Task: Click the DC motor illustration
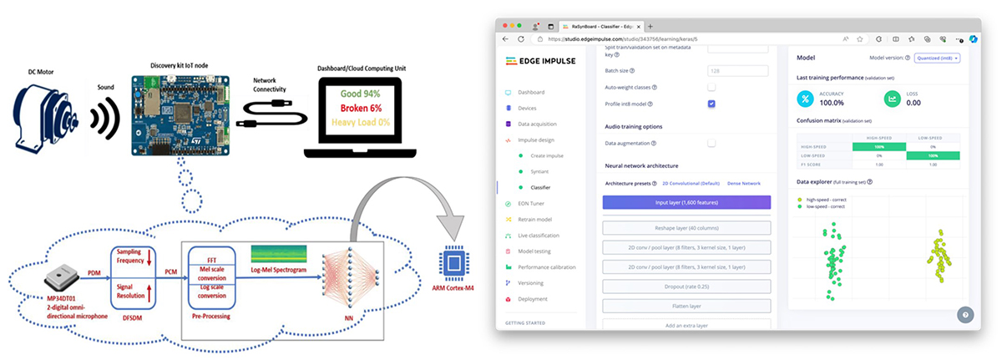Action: (46, 117)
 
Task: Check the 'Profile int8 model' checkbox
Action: (711, 104)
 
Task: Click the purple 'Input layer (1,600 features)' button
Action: (686, 202)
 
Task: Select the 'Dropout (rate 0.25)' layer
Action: (686, 286)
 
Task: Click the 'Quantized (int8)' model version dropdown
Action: (939, 58)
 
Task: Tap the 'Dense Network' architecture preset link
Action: (745, 183)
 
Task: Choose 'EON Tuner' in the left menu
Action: (533, 203)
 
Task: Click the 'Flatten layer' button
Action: (686, 306)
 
